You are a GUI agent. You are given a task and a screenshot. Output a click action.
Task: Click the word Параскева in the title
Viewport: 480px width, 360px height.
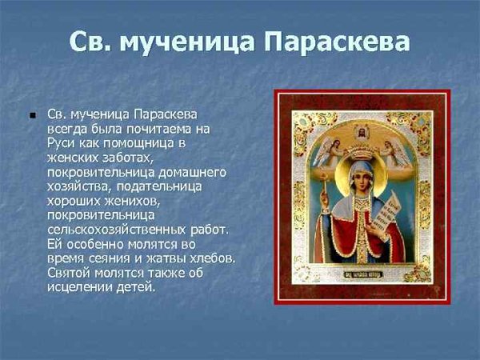click(x=331, y=42)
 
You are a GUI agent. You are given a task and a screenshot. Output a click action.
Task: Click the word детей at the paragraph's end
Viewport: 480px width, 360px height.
click(x=134, y=287)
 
